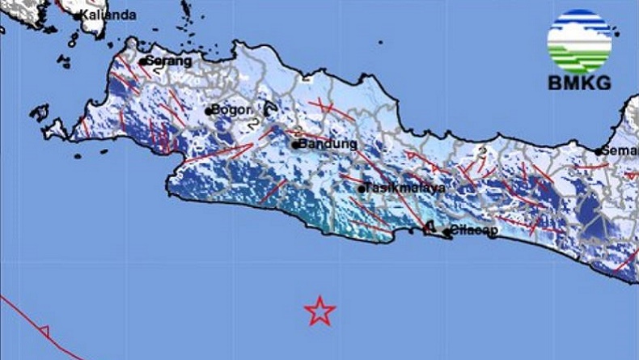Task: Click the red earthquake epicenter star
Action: point(320,311)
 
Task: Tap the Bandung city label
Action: point(328,144)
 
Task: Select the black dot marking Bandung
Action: point(295,145)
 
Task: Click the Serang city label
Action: point(169,60)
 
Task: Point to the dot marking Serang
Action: point(142,61)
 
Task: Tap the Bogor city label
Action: point(231,110)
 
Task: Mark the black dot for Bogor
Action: point(209,112)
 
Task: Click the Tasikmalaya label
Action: point(395,188)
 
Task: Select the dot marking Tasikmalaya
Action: point(362,189)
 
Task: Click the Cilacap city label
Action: point(473,231)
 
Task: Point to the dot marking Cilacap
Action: point(446,233)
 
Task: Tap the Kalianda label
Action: point(110,15)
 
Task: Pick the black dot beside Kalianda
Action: point(78,15)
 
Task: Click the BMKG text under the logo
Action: point(579,83)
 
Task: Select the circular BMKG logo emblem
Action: point(579,40)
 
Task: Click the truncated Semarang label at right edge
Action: point(622,150)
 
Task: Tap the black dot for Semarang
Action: point(599,151)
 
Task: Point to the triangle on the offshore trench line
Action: point(45,331)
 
